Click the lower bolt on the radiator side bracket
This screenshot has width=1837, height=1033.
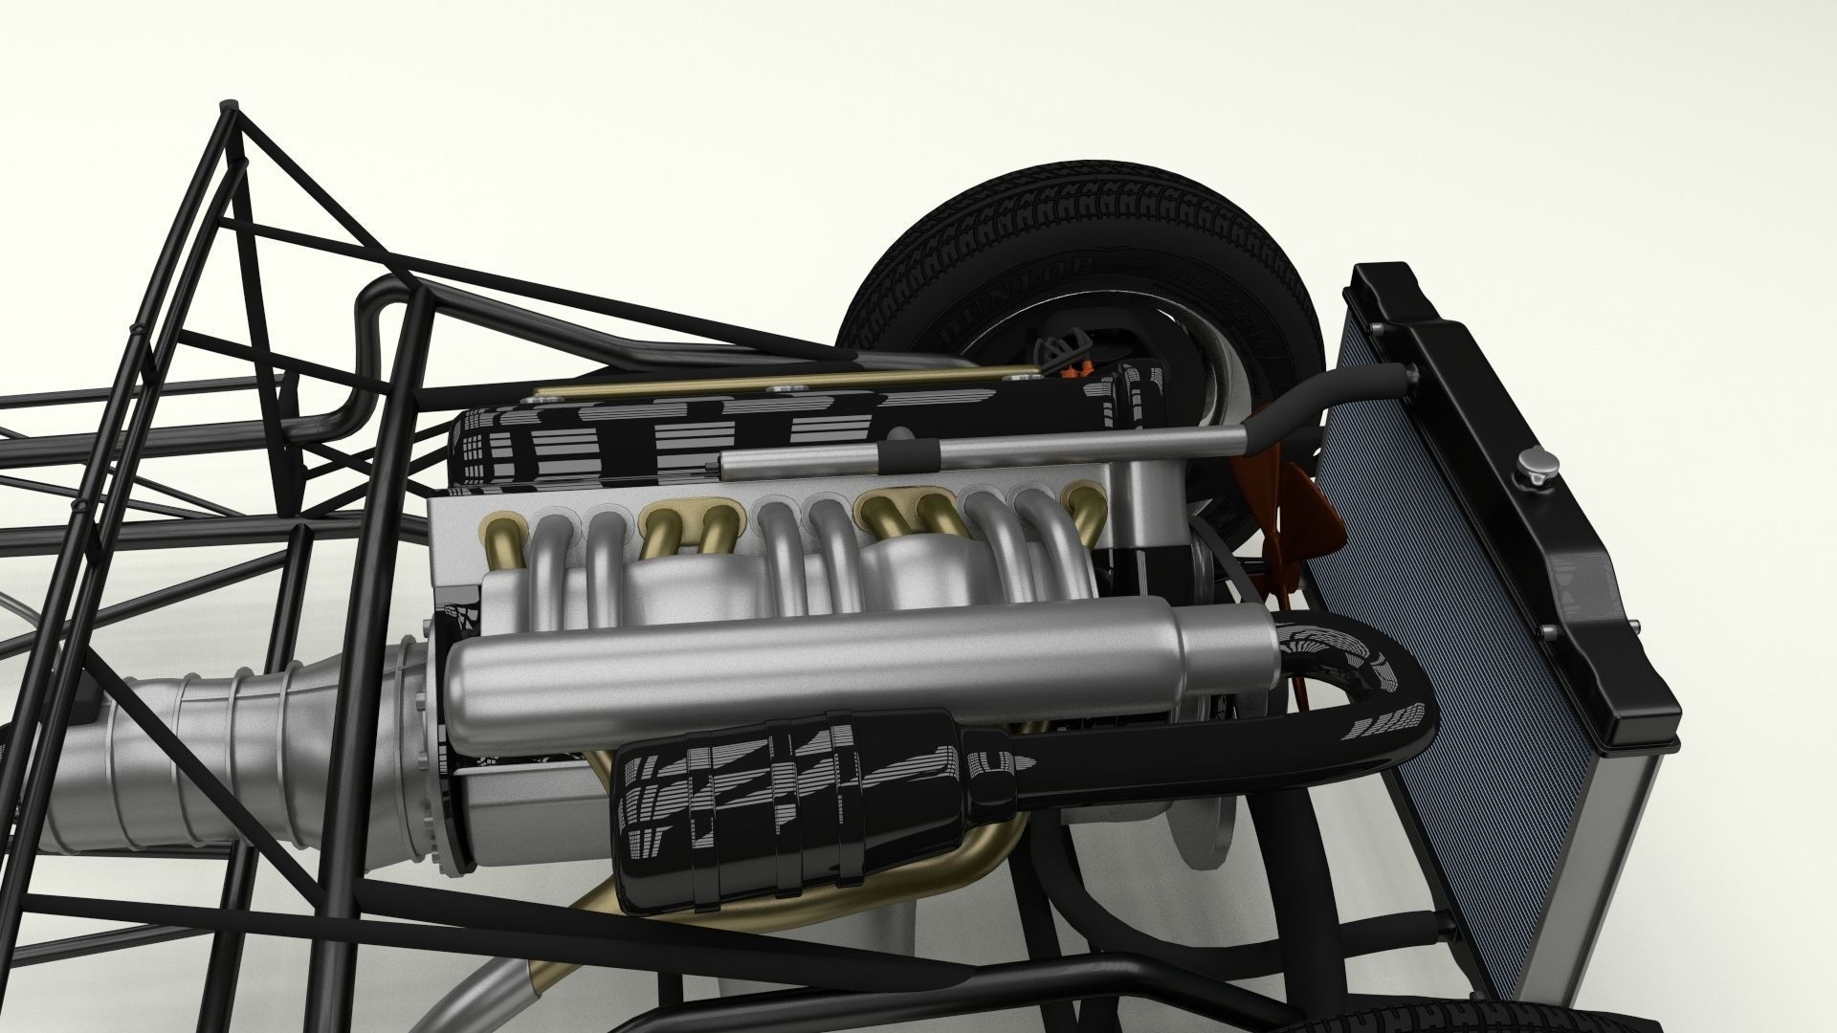pyautogui.click(x=1544, y=632)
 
